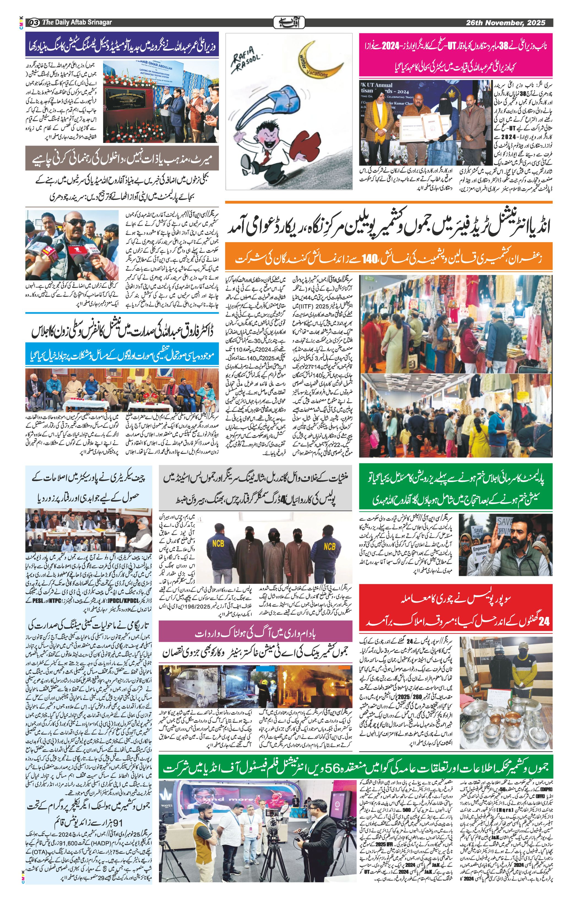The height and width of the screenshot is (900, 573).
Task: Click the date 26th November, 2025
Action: pyautogui.click(x=505, y=23)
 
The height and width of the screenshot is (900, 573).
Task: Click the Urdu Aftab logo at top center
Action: pyautogui.click(x=289, y=23)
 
